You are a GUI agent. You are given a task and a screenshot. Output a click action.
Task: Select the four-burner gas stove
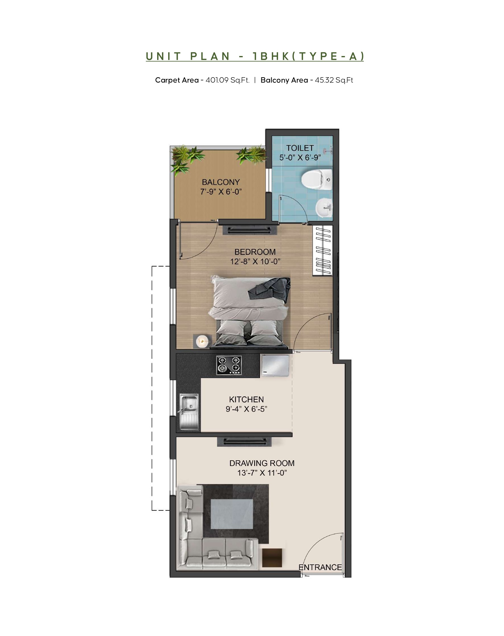tap(229, 365)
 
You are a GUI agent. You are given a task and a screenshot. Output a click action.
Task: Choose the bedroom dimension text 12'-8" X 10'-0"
tap(255, 261)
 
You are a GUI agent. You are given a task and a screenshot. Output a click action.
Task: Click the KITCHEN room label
tap(246, 399)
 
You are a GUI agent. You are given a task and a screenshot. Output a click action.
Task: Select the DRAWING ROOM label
tap(262, 463)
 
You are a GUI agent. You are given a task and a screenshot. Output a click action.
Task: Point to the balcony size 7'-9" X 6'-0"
tap(221, 192)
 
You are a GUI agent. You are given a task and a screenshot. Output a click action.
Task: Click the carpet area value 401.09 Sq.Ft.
tap(228, 80)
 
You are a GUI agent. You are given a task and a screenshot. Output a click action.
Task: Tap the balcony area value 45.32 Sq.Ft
tap(334, 80)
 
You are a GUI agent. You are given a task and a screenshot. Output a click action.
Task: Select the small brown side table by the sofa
tap(272, 558)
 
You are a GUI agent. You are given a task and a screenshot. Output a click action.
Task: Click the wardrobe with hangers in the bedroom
tap(323, 251)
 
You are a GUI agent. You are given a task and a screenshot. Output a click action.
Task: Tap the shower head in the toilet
tap(327, 151)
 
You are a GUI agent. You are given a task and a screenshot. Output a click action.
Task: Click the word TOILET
tap(300, 148)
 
